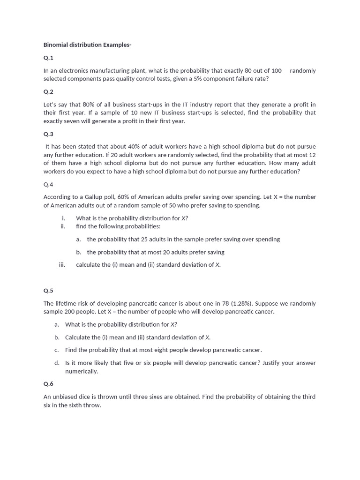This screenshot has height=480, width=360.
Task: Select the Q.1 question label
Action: tap(48, 58)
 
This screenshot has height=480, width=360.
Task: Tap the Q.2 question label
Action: tap(48, 91)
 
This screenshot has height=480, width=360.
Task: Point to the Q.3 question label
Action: tap(48, 134)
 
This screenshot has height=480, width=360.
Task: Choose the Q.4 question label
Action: tap(48, 184)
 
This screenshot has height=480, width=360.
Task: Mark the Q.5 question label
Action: tap(48, 291)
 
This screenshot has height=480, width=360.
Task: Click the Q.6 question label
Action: tap(48, 384)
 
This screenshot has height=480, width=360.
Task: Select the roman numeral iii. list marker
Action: tap(62, 265)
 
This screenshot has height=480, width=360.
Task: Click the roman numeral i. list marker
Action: tap(63, 218)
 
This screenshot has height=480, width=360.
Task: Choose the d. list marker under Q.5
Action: tap(57, 363)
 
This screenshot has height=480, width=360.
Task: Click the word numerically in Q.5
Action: tap(82, 371)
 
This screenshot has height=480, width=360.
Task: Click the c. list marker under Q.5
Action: tap(56, 350)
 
